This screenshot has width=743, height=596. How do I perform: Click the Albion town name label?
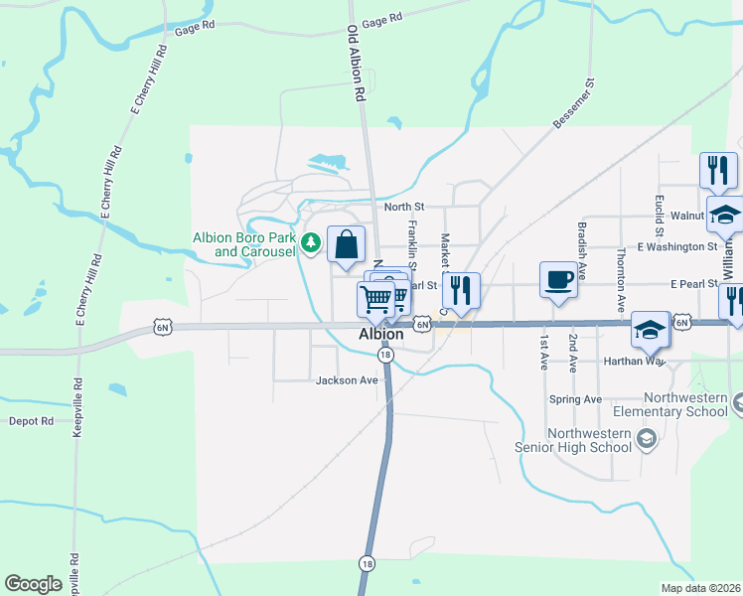(380, 335)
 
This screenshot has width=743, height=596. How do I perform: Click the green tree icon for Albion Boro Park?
(311, 241)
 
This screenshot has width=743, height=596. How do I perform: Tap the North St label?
(404, 207)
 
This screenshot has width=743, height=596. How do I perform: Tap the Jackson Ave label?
(347, 380)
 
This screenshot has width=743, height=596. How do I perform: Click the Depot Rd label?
(31, 421)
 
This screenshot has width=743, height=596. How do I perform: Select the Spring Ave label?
(575, 399)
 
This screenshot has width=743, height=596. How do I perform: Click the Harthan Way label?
(633, 362)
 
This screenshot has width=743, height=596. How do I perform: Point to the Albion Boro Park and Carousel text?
(255, 244)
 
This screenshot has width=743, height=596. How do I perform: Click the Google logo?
(33, 584)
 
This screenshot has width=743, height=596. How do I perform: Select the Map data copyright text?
(700, 588)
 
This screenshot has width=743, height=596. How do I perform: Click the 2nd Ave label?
(573, 352)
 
